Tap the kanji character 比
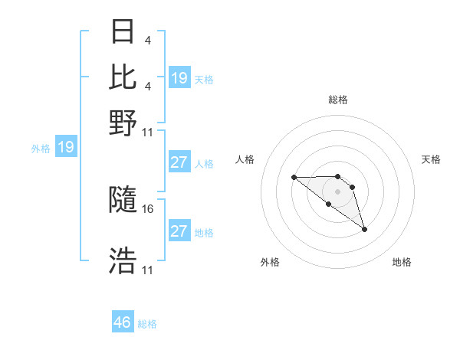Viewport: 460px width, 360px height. click(123, 77)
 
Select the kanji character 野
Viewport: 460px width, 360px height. click(123, 121)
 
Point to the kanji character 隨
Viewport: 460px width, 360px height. click(123, 201)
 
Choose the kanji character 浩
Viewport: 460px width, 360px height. click(123, 260)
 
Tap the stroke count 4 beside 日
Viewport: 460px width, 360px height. click(146, 41)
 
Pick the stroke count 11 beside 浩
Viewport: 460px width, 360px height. click(148, 270)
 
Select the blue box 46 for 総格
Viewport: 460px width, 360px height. click(123, 322)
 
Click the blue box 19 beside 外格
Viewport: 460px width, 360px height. click(66, 147)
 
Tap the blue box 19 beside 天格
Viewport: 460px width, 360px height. click(179, 77)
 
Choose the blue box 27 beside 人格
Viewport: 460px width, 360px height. click(179, 162)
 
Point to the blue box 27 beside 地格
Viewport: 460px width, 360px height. click(179, 231)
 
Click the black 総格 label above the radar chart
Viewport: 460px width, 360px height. click(338, 100)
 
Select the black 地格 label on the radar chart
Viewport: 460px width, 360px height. click(402, 262)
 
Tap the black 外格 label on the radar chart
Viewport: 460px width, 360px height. click(270, 262)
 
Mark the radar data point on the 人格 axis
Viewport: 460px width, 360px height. click(294, 178)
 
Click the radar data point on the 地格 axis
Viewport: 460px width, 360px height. click(364, 229)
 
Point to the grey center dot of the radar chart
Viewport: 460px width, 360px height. click(338, 191)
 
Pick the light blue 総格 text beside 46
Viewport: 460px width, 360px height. click(148, 324)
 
